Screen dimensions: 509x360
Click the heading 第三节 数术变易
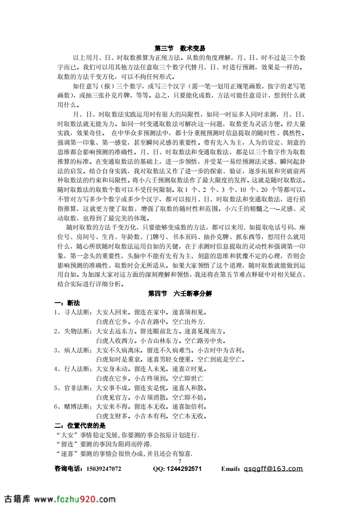pyautogui.click(x=180, y=48)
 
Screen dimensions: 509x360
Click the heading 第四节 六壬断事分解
pyautogui.click(x=180, y=294)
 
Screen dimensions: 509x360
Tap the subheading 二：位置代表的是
pyautogui.click(x=80, y=426)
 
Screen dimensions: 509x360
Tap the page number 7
pyautogui.click(x=180, y=461)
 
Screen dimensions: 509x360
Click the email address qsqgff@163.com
pyautogui.click(x=273, y=469)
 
